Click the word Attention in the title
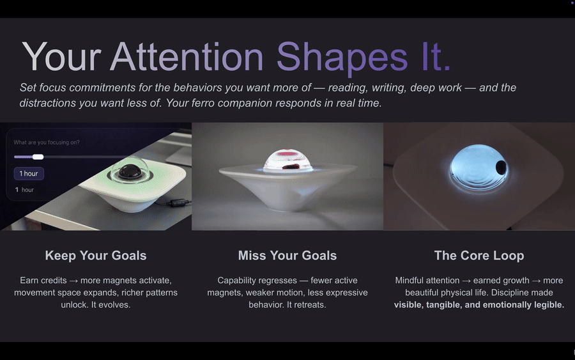[187, 57]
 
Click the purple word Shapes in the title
[342, 57]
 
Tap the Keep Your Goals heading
[96, 256]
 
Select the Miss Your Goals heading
[287, 256]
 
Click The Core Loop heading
[479, 256]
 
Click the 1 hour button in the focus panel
[29, 174]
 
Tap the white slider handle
[38, 157]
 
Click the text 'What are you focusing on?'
[47, 143]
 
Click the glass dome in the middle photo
[287, 162]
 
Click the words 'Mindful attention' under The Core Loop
[427, 281]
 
